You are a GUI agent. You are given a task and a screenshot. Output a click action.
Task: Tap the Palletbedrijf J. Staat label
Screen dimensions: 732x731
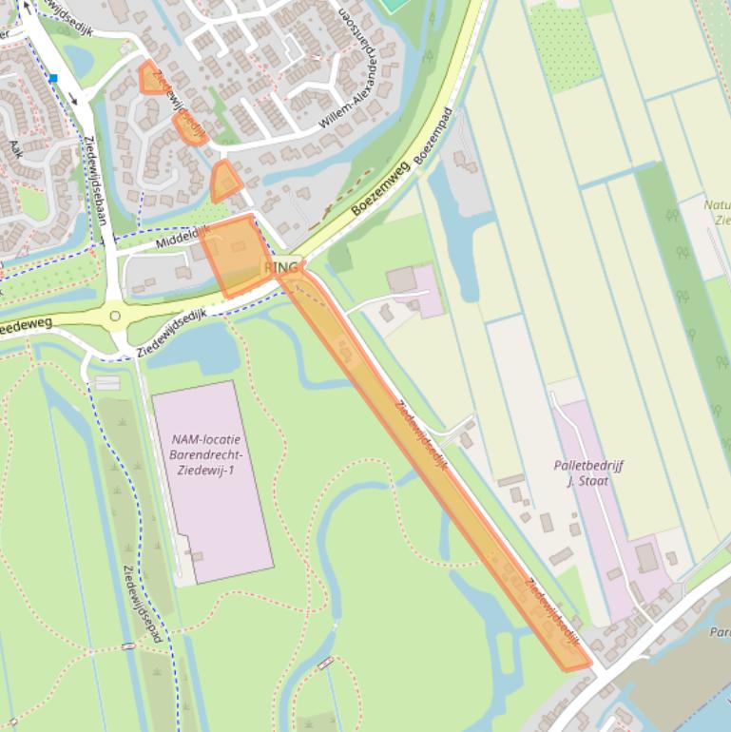(x=588, y=472)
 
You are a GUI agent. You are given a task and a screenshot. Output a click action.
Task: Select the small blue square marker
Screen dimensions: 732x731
(x=53, y=78)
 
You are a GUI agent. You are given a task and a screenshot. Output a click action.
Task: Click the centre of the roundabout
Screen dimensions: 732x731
(x=115, y=316)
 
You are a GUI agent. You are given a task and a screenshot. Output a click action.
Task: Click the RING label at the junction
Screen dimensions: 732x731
(x=281, y=268)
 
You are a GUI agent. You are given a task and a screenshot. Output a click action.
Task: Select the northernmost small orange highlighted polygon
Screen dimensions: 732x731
(x=151, y=79)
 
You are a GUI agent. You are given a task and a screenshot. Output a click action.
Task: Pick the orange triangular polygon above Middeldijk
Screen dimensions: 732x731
(x=224, y=182)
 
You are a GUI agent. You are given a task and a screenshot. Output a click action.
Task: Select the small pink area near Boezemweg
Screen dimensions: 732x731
(x=425, y=292)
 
